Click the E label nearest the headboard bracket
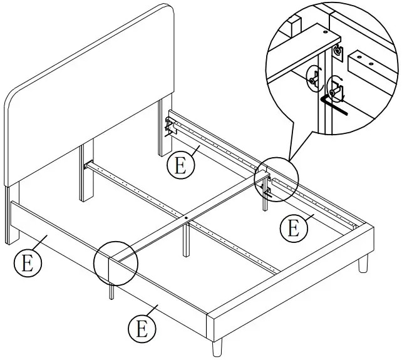(x=179, y=165)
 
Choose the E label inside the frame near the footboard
(x=291, y=227)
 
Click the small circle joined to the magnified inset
(x=276, y=180)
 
